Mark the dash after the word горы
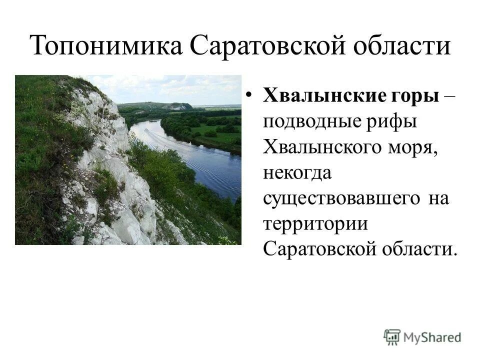(x=449, y=95)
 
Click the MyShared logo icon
(x=392, y=337)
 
